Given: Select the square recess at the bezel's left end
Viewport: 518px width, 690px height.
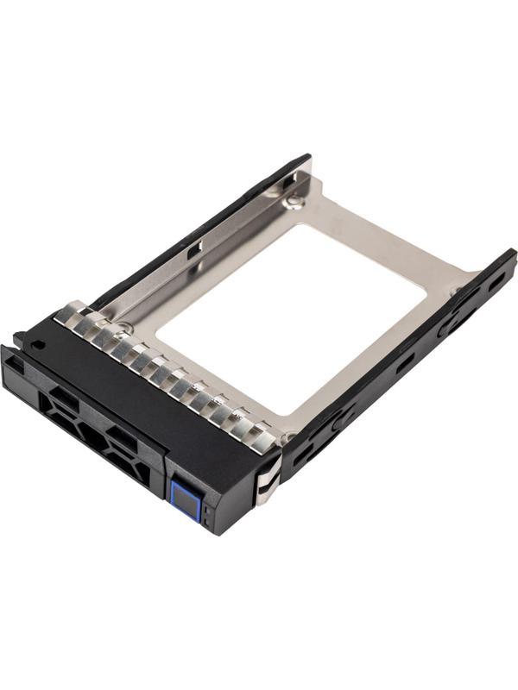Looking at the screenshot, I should pyautogui.click(x=16, y=366).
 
